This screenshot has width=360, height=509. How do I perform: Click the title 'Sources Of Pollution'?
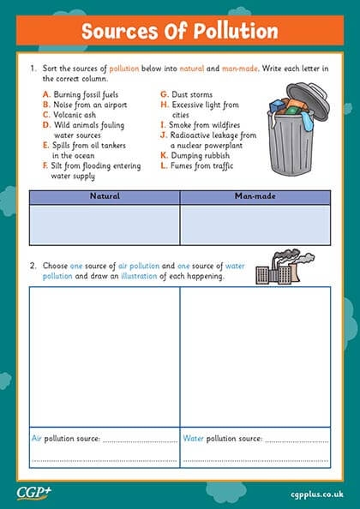[179, 32]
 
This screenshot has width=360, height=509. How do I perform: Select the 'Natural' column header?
[105, 196]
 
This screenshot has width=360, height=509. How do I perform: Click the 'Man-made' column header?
[255, 196]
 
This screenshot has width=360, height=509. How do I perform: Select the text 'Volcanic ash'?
[75, 113]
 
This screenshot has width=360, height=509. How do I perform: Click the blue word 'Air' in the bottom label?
[37, 438]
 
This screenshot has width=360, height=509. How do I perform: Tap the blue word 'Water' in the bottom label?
[193, 438]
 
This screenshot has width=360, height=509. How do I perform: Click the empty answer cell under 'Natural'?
[105, 225]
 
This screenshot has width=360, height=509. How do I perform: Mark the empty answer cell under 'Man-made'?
[255, 225]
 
